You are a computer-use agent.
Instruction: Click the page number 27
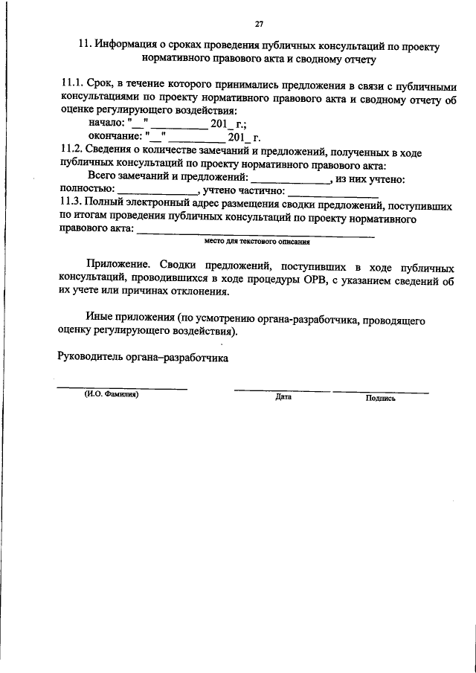pyautogui.click(x=259, y=24)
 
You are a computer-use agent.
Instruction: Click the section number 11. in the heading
pyautogui.click(x=85, y=45)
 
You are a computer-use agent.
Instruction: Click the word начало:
pyautogui.click(x=106, y=125)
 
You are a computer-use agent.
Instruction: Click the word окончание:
pyautogui.click(x=115, y=138)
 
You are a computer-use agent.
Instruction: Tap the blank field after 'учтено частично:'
pyautogui.click(x=322, y=192)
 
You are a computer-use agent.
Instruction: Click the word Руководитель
pyautogui.click(x=91, y=356)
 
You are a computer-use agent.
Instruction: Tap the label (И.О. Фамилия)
pyautogui.click(x=112, y=396)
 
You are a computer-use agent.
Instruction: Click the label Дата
pyautogui.click(x=283, y=397)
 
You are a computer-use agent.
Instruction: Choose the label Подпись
pyautogui.click(x=381, y=398)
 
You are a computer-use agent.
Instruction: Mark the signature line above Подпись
pyautogui.click(x=381, y=390)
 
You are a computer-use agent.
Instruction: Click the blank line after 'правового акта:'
pyautogui.click(x=257, y=234)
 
